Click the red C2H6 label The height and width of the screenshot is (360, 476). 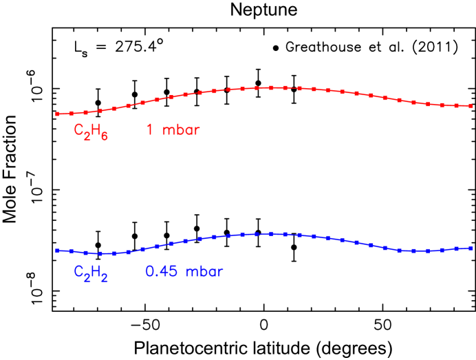(91, 131)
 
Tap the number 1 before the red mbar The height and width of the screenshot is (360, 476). (149, 129)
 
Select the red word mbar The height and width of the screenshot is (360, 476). (181, 129)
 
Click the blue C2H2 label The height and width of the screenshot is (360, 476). (91, 273)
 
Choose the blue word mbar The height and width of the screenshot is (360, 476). (204, 271)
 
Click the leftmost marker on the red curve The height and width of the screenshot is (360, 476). (57, 114)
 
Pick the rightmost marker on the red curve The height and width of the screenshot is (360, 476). (470, 106)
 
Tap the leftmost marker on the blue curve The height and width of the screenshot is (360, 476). (57, 251)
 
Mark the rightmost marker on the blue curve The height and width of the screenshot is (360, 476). (470, 248)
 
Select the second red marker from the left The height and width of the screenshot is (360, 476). (72, 113)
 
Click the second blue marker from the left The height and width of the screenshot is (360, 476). (72, 251)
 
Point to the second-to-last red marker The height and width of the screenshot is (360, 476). (456, 105)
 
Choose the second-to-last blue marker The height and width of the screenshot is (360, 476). (456, 249)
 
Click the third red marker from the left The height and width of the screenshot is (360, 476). (85, 112)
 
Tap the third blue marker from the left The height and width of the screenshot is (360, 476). (85, 253)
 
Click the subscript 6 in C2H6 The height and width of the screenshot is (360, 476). (105, 136)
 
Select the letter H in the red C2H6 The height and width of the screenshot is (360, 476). (96, 129)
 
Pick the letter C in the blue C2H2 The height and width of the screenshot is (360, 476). (78, 271)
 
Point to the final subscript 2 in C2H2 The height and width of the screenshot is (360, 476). (105, 277)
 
